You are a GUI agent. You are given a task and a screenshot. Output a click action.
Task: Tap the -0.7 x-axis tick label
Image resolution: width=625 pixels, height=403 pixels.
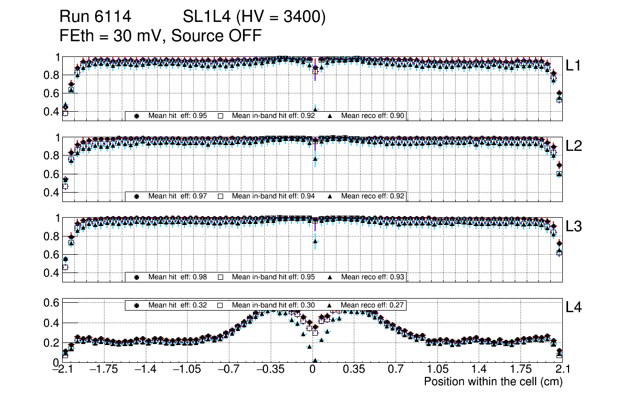click(x=227, y=370)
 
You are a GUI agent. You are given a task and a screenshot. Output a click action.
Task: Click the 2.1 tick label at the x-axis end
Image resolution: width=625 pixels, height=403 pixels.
click(x=561, y=370)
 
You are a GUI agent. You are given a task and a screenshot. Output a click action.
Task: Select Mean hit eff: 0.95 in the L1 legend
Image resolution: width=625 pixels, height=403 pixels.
click(x=178, y=116)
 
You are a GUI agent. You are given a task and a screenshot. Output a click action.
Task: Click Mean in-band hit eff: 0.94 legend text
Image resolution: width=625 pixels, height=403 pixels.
click(x=273, y=196)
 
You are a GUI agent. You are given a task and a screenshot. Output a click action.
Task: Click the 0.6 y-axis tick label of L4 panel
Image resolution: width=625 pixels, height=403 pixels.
click(x=51, y=303)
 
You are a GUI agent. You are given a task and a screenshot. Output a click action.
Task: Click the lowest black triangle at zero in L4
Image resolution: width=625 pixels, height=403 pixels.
click(x=315, y=361)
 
